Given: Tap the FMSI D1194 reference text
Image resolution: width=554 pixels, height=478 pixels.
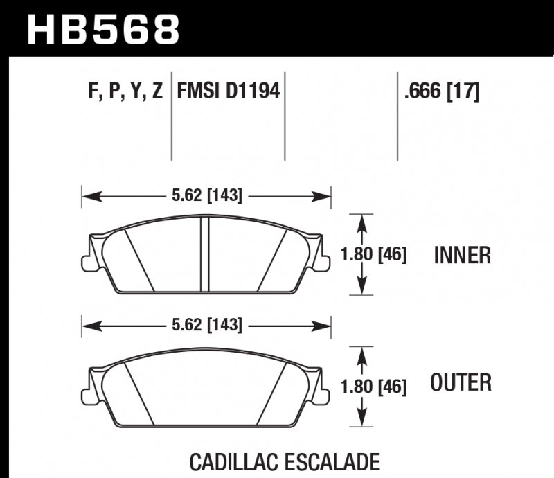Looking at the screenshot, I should (229, 91).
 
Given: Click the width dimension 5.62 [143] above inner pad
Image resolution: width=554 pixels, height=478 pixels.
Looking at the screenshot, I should (206, 196).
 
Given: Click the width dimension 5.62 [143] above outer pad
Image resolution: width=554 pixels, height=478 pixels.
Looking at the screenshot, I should (206, 324).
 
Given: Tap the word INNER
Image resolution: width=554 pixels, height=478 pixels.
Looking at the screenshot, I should (462, 256).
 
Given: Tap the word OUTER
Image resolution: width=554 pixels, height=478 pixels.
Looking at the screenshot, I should (461, 382).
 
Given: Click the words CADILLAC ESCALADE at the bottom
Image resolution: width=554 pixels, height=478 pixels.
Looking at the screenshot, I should (284, 461).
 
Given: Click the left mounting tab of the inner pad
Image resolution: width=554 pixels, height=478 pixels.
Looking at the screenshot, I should (87, 263).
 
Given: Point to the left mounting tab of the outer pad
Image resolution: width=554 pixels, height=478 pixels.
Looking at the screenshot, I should (87, 393).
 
